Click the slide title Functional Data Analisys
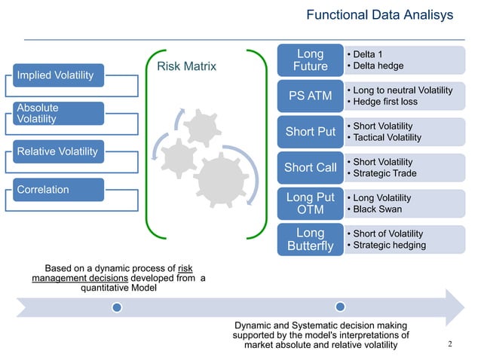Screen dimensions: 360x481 (380, 16)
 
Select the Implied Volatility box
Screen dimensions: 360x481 (57, 75)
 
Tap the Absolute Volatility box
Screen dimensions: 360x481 (57, 114)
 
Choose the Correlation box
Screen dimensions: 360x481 (57, 190)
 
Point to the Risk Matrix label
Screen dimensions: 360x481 (186, 67)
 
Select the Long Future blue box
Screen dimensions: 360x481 (310, 60)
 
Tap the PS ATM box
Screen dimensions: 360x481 (310, 96)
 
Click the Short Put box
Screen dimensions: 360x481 (310, 132)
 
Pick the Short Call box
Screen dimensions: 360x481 (310, 168)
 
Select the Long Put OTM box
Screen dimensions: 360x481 (310, 203)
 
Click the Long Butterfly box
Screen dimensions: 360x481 (310, 239)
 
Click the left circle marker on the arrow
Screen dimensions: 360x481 (116, 307)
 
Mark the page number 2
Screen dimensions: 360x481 (450, 345)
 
